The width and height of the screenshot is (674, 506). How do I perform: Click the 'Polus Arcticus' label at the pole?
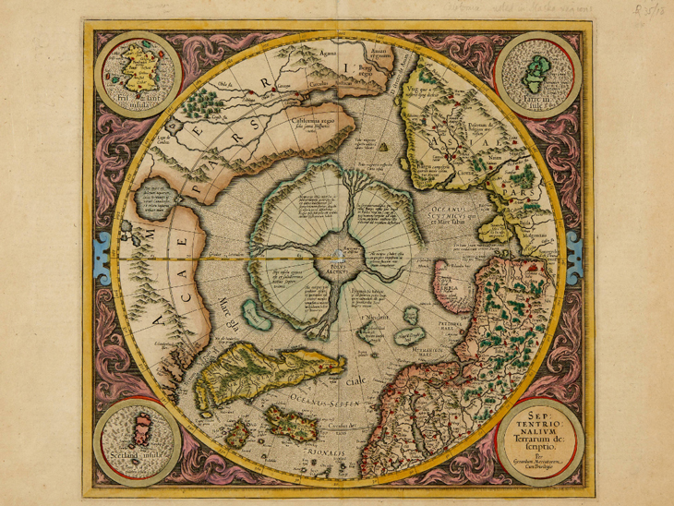[x=338, y=267]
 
